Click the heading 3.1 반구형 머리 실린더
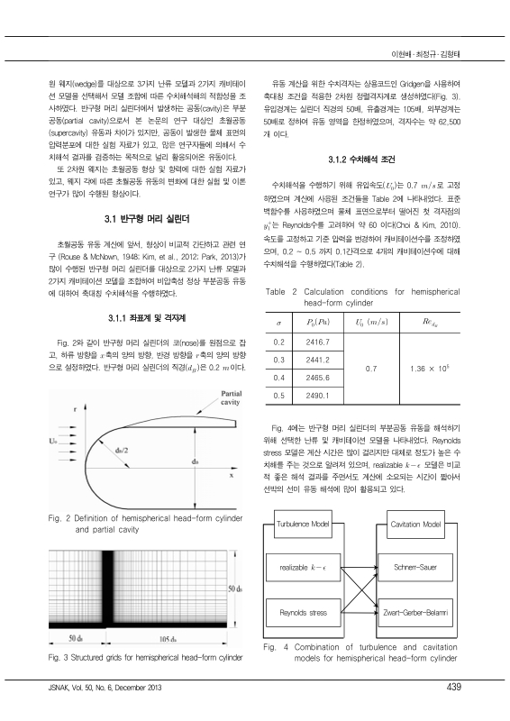pos(147,217)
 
